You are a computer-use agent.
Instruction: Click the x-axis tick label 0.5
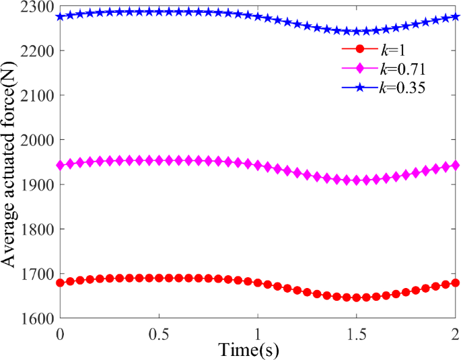click(159, 333)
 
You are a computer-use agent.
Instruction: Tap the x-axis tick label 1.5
click(357, 333)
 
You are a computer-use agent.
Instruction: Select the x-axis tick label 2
click(455, 333)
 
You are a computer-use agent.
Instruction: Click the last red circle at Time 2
click(455, 283)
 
